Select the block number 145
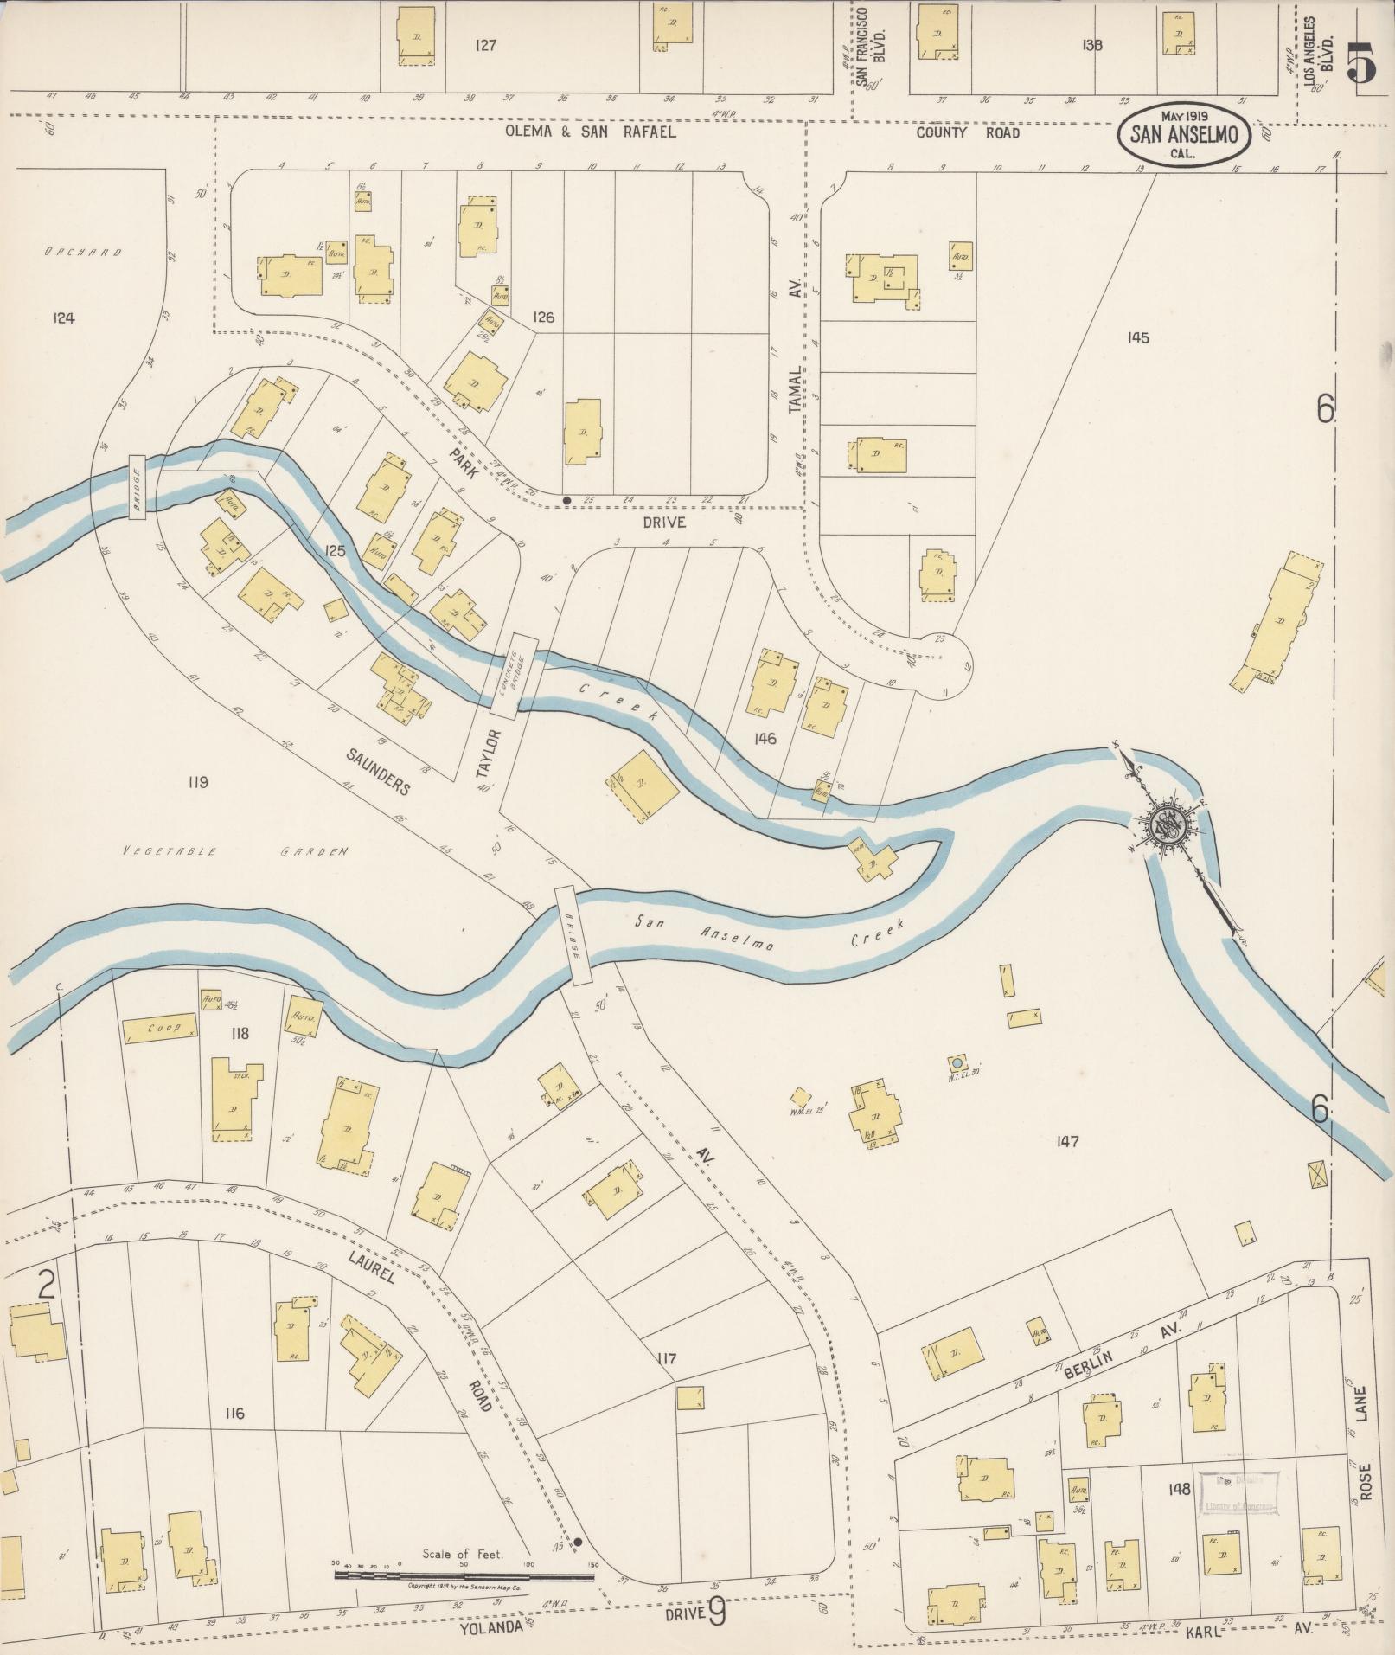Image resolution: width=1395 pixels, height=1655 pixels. pyautogui.click(x=1138, y=337)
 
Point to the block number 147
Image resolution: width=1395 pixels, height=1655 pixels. pyautogui.click(x=1067, y=1142)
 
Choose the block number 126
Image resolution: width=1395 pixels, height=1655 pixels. pyautogui.click(x=543, y=318)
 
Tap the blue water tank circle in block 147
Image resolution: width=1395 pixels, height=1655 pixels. pyautogui.click(x=957, y=1061)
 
